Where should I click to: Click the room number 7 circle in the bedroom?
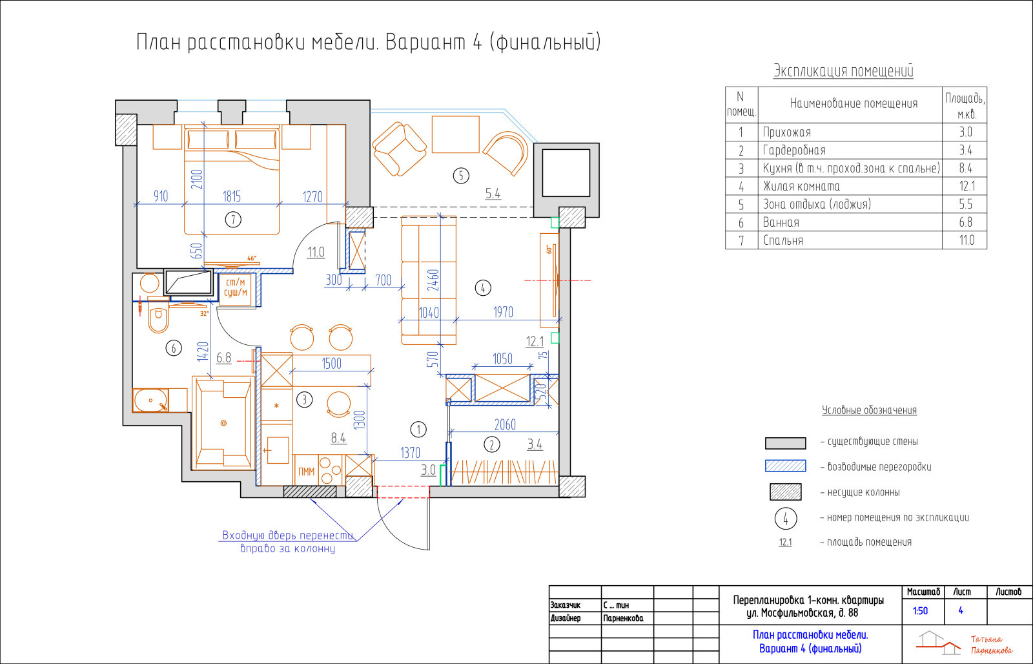point(233,219)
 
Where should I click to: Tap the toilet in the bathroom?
point(158,317)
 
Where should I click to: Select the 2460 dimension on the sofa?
point(433,280)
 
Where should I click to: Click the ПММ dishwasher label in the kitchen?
point(306,472)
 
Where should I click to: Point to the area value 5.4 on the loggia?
point(493,194)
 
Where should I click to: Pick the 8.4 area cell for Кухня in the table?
point(965,168)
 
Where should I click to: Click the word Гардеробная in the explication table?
point(794,150)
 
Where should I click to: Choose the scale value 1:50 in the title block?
point(920,611)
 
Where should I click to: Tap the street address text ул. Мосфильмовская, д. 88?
point(802,613)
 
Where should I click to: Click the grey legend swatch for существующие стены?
point(785,443)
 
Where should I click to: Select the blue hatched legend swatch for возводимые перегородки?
point(785,466)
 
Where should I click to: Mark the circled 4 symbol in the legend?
point(786,518)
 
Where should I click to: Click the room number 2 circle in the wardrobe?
point(491,445)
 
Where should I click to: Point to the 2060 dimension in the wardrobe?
point(505,424)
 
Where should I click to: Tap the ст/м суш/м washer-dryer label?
point(236,287)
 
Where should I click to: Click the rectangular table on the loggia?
point(456,134)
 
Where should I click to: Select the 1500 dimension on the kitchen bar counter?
point(332,364)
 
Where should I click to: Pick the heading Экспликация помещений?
point(843,71)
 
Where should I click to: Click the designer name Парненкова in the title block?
point(623,618)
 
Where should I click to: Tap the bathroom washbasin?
point(151,400)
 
